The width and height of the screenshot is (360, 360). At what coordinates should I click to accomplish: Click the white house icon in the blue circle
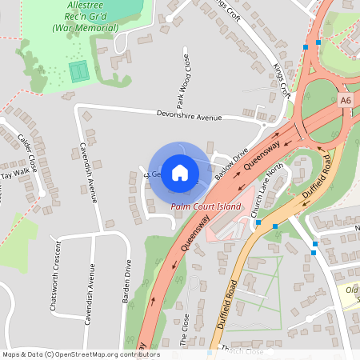point(180,173)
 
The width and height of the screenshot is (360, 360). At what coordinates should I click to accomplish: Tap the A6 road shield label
point(345,101)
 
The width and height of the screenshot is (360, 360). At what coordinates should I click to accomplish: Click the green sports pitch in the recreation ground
point(78,70)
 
